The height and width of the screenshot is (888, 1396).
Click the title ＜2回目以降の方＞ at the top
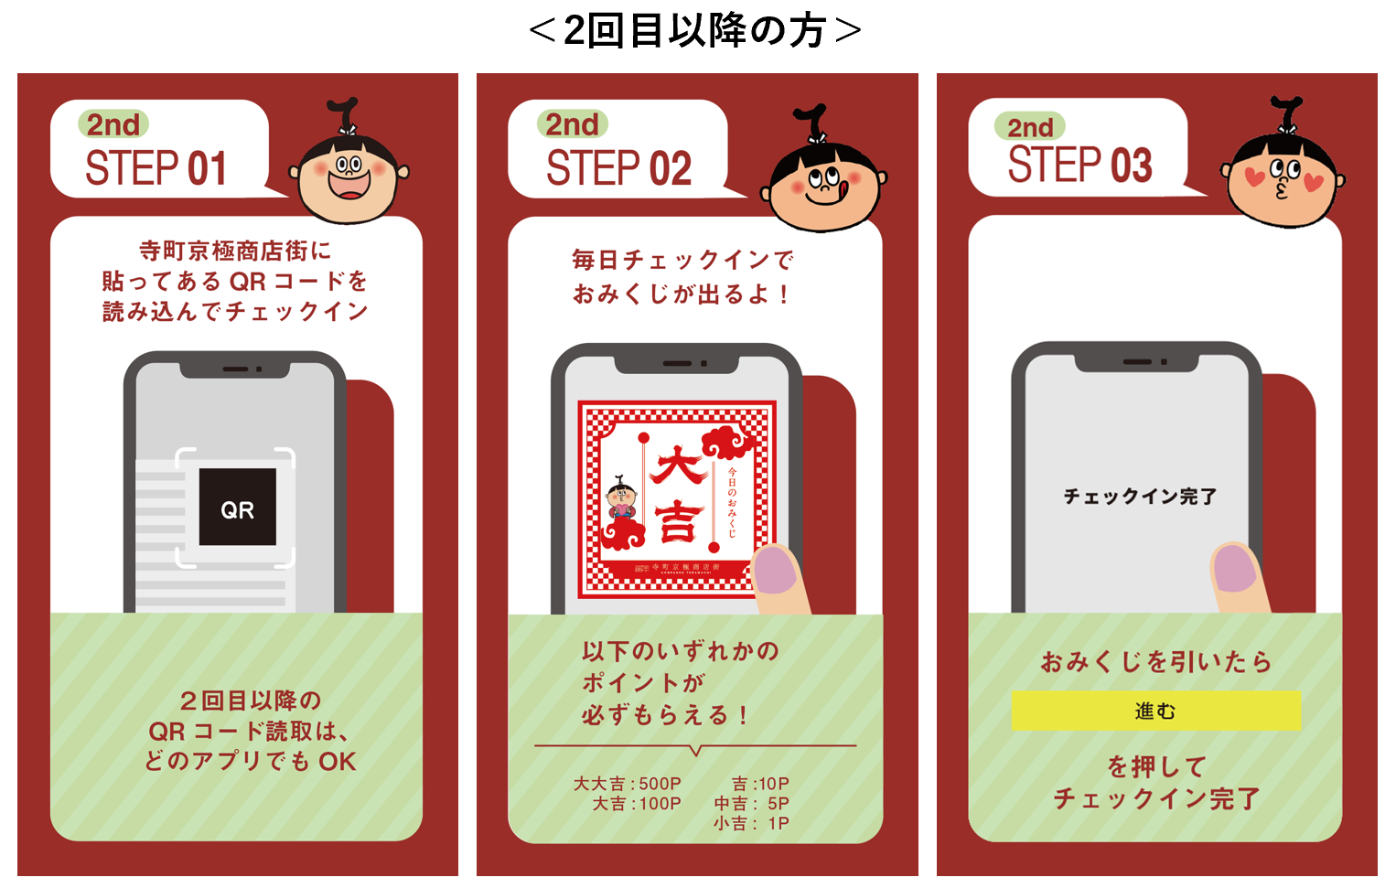coord(695,30)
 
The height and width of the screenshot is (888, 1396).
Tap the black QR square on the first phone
coord(237,508)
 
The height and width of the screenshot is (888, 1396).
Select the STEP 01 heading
coord(156,168)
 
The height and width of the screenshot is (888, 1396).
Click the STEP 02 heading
coord(618,168)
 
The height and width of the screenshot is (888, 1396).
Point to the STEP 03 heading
coord(1079,166)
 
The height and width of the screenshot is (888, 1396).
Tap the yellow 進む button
coord(1155,711)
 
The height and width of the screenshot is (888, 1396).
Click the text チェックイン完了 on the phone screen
coord(1140,497)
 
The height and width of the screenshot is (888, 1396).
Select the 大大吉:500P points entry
coord(627,784)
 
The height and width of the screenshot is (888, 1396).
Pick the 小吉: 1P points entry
coord(751,823)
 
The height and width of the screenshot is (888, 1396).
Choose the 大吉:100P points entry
coord(636,804)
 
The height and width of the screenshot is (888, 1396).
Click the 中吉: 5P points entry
coord(751,804)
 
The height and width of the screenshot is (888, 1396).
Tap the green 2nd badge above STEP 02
coord(572,123)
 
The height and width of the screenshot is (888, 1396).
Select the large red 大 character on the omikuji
coord(678,466)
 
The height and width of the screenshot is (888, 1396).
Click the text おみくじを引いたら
coord(1155,661)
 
